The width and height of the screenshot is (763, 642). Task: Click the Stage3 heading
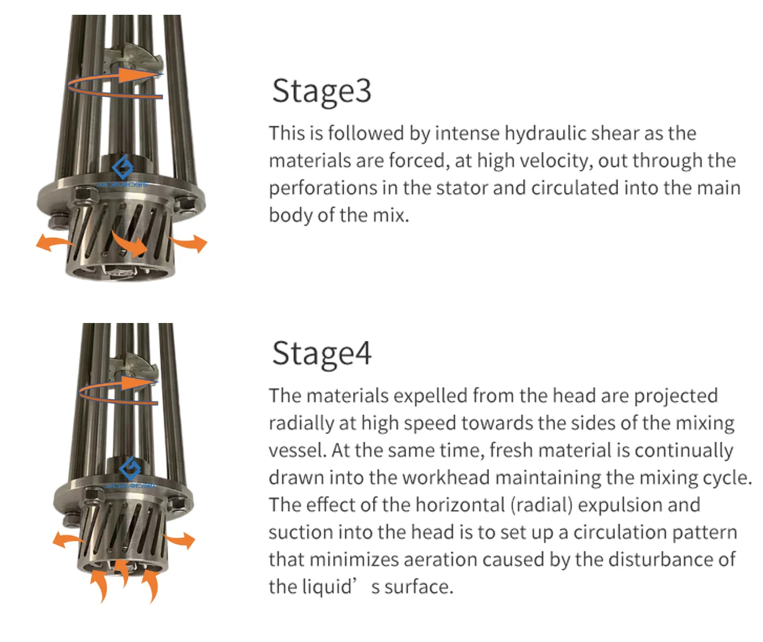322,92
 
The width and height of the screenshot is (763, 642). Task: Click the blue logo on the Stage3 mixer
123,167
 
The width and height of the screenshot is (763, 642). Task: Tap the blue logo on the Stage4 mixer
130,469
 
